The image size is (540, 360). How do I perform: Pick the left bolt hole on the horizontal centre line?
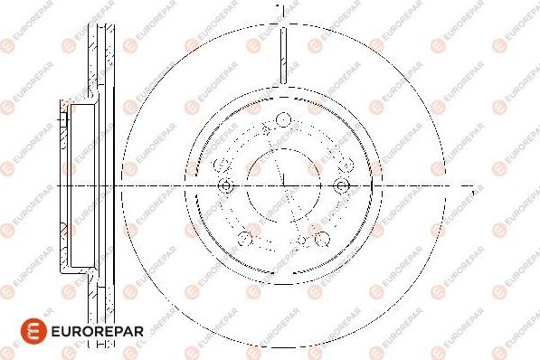click(x=226, y=185)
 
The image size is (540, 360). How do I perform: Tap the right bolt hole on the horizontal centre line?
click(x=341, y=185)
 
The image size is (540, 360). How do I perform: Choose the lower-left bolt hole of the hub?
click(x=244, y=238)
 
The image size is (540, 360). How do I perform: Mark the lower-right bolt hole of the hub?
click(x=322, y=238)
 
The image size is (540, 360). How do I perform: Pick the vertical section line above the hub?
click(x=283, y=54)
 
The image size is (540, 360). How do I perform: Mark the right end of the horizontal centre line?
click(x=462, y=185)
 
